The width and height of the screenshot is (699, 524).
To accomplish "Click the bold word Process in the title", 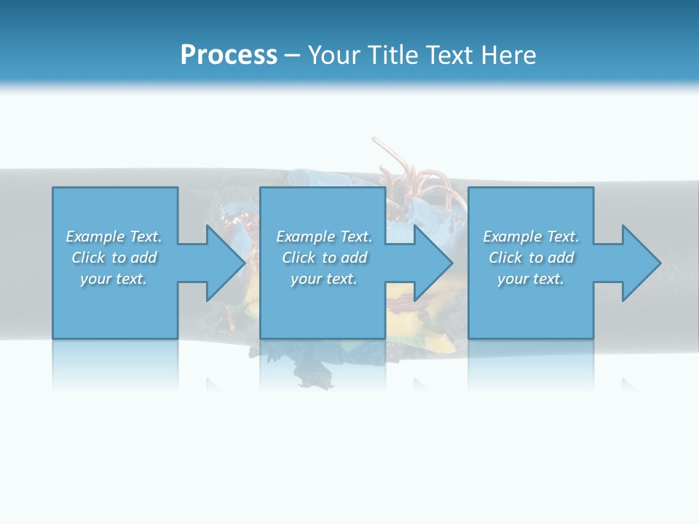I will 229,55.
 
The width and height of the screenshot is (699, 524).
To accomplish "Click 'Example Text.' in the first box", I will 114,237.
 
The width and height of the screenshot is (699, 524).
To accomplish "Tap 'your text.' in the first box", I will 114,279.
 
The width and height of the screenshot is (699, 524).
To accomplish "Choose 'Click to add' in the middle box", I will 324,258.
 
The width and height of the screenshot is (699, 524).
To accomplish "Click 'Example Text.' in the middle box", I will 324,237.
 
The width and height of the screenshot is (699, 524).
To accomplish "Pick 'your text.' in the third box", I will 531,279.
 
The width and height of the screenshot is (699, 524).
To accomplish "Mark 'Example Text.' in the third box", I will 531,237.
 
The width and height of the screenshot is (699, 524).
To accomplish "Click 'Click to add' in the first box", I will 114,258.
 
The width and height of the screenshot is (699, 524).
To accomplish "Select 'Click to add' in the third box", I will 531,258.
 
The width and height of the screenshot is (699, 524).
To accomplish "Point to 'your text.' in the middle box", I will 324,279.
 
